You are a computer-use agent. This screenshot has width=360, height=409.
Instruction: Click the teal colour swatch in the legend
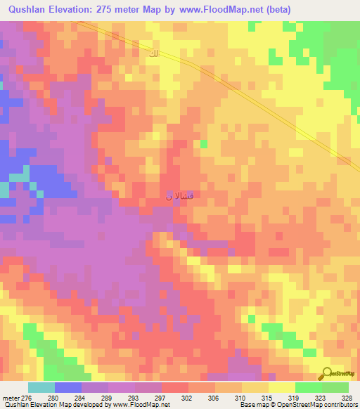coord(41,387)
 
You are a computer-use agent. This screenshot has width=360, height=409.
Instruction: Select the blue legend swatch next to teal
coord(67,387)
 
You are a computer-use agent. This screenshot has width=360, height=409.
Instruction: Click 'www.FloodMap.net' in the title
coord(219,9)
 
